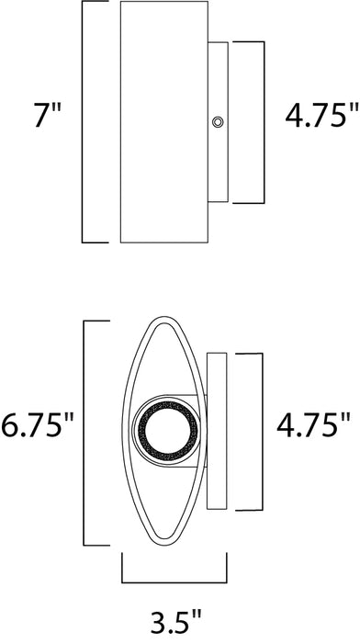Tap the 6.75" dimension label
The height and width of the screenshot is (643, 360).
point(38,425)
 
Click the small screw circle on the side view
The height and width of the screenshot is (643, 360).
point(218,121)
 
